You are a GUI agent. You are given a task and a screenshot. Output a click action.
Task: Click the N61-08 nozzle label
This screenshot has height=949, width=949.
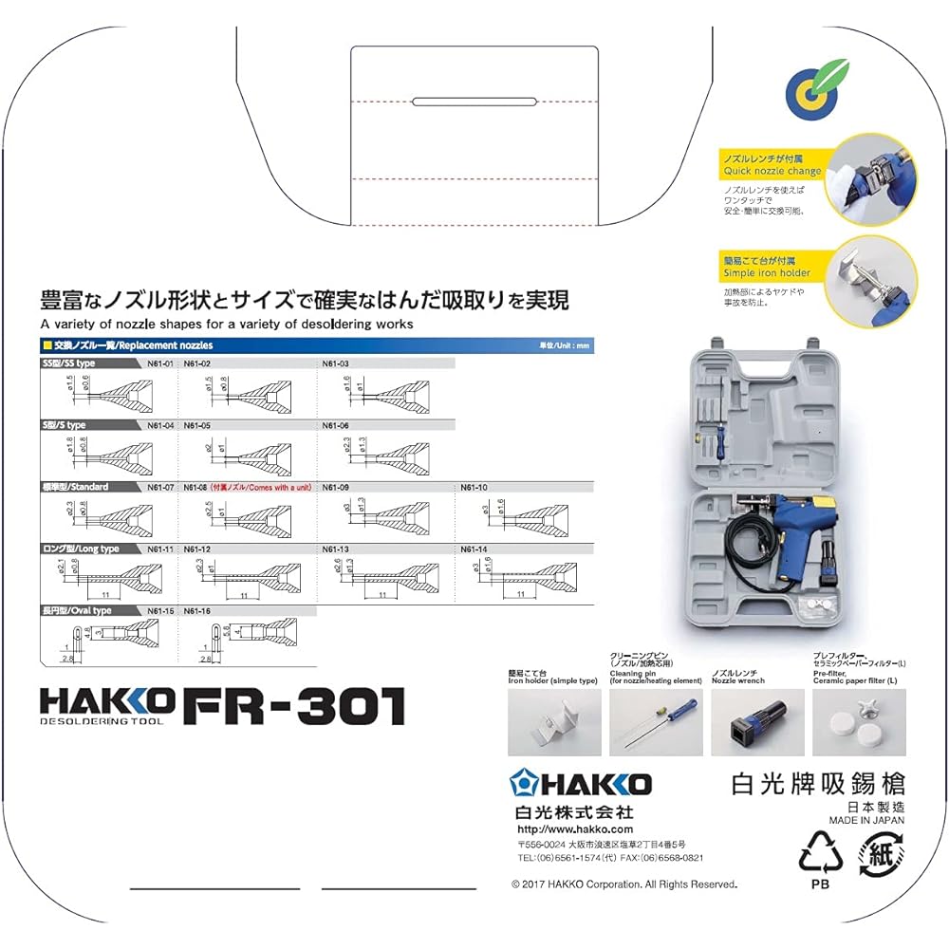tap(196, 487)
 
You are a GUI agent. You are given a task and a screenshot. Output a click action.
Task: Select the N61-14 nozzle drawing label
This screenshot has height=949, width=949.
tap(474, 549)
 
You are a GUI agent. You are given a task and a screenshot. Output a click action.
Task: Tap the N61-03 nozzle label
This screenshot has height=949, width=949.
tap(336, 363)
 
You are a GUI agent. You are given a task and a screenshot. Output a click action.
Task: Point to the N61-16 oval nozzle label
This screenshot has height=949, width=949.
tap(196, 611)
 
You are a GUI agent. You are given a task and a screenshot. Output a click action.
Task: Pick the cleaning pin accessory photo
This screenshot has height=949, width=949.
tap(656, 722)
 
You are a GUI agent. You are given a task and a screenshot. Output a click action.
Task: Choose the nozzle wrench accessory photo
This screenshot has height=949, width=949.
tap(757, 722)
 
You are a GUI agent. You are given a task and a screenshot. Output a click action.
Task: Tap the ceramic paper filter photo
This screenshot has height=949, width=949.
tap(859, 722)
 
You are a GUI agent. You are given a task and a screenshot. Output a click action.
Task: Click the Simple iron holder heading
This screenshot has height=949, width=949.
tap(766, 272)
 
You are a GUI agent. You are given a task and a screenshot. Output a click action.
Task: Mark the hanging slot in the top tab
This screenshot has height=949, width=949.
tap(476, 101)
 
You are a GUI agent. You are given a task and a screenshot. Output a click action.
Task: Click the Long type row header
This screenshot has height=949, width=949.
tap(82, 549)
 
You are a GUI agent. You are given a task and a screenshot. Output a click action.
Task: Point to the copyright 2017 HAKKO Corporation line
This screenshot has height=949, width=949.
tap(623, 884)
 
